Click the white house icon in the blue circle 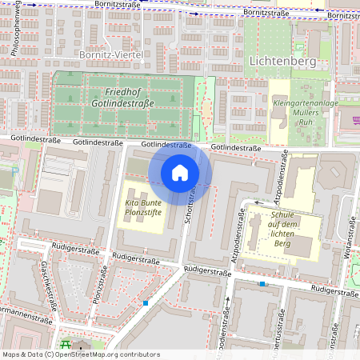click(180, 173)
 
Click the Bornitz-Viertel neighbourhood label click(111, 54)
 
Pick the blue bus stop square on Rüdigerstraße click(262, 283)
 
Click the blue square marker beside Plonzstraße click(146, 303)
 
